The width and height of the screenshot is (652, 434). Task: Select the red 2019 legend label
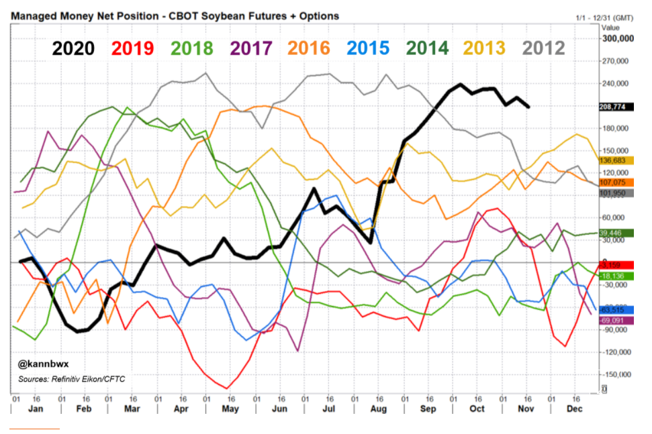point(133,48)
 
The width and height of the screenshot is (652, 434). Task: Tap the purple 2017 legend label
point(251,48)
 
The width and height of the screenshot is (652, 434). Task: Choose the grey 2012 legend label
point(543,48)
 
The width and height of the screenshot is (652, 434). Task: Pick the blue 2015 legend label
point(368,48)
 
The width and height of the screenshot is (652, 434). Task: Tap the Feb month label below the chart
point(84,408)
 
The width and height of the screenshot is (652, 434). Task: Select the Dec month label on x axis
point(574,408)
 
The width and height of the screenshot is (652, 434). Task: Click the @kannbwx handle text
point(40,365)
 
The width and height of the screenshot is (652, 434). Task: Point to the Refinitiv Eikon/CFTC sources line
point(71,380)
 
